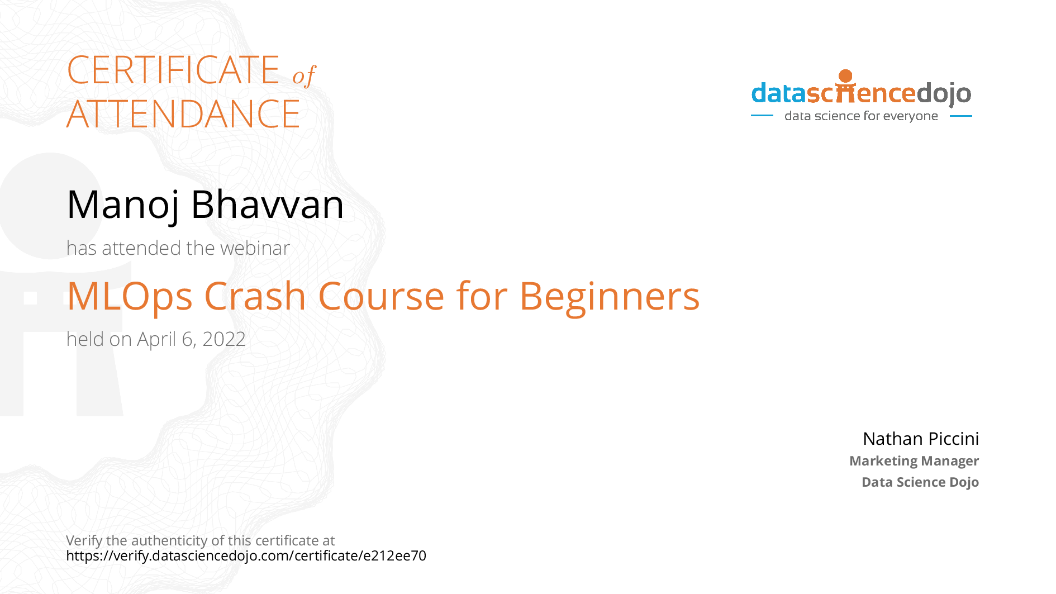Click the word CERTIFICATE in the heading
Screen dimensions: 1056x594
click(x=173, y=70)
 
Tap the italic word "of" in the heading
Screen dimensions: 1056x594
click(x=305, y=75)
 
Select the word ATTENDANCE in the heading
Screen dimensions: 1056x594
click(x=183, y=114)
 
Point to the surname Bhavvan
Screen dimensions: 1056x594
click(x=267, y=204)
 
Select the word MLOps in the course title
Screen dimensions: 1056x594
click(x=130, y=297)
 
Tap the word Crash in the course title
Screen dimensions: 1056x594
click(x=255, y=296)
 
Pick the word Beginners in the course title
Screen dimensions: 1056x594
click(x=610, y=297)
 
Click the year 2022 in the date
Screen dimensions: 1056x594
click(x=224, y=339)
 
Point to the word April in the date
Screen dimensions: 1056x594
click(x=156, y=340)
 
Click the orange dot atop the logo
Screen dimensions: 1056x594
click(x=846, y=76)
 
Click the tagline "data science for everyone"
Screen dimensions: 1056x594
click(x=861, y=116)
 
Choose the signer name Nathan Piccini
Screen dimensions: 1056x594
click(x=921, y=439)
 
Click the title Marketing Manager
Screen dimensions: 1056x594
click(x=914, y=461)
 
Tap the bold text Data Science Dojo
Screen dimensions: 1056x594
click(x=920, y=482)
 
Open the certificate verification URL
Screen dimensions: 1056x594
click(x=246, y=556)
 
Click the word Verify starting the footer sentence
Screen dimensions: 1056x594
click(x=84, y=541)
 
